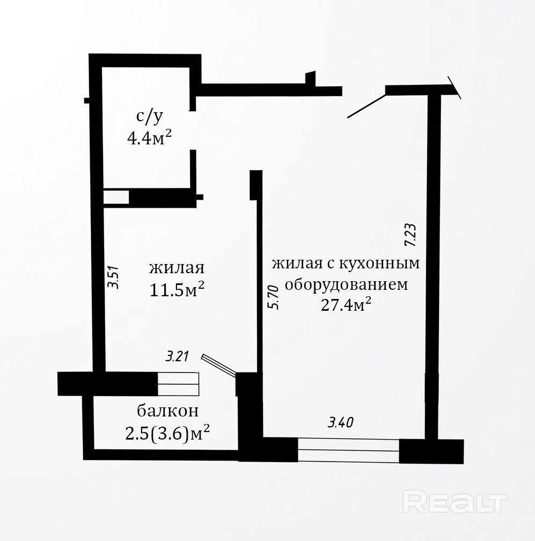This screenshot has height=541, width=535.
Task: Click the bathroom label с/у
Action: [149, 116]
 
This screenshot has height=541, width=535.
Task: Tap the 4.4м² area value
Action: [149, 138]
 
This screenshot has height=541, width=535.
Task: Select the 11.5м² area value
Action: [177, 289]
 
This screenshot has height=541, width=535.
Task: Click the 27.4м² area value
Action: [346, 304]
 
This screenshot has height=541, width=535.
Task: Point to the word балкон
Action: [167, 411]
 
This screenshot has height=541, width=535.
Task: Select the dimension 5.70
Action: [273, 297]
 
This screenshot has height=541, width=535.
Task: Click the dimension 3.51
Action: [113, 277]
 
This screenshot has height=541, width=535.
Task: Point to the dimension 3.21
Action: [177, 356]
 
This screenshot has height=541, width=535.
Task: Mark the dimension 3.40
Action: [340, 422]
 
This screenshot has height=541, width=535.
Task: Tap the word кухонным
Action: [380, 263]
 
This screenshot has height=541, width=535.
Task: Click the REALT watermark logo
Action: [455, 503]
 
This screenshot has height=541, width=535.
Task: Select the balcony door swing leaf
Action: [219, 364]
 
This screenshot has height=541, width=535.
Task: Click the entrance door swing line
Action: [366, 106]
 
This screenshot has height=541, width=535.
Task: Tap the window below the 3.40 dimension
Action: [348, 450]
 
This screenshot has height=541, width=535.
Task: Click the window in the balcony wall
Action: [178, 384]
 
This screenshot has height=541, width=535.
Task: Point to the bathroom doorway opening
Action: [193, 130]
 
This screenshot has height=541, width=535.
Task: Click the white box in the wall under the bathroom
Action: [116, 197]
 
